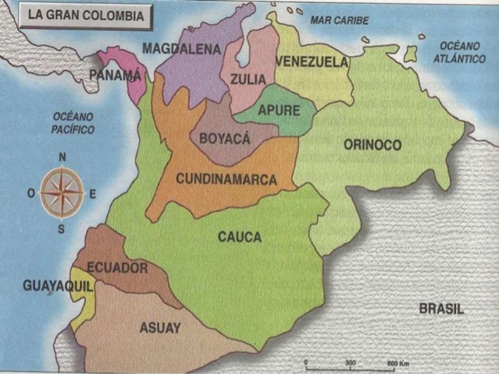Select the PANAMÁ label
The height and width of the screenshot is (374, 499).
116,75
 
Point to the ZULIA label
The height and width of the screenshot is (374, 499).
248,79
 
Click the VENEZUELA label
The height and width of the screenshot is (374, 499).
312,62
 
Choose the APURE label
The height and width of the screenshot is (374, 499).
279,111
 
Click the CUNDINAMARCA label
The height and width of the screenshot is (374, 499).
226,178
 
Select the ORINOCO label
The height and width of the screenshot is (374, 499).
372,145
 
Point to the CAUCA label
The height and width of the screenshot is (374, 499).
240,237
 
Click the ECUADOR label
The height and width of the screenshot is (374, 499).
117,268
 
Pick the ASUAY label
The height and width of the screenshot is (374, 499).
159,328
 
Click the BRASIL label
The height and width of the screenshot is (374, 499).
441,309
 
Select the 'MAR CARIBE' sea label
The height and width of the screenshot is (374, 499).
340,19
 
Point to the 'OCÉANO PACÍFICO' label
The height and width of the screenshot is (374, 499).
73,123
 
